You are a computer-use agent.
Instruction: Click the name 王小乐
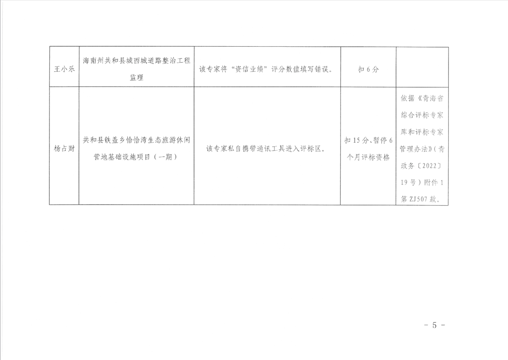tap(63, 70)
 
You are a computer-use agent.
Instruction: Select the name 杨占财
tap(63, 148)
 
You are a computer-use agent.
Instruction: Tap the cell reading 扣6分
tap(368, 70)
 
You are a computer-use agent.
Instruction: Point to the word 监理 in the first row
tap(136, 78)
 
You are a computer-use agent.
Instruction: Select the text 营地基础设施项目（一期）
tap(136, 157)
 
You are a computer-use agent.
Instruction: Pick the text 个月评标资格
tap(368, 157)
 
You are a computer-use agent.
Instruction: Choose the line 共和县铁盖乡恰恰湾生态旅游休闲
tap(136, 140)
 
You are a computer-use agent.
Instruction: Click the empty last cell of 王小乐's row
tap(422, 66)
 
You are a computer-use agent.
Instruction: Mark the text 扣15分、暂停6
tap(368, 140)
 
